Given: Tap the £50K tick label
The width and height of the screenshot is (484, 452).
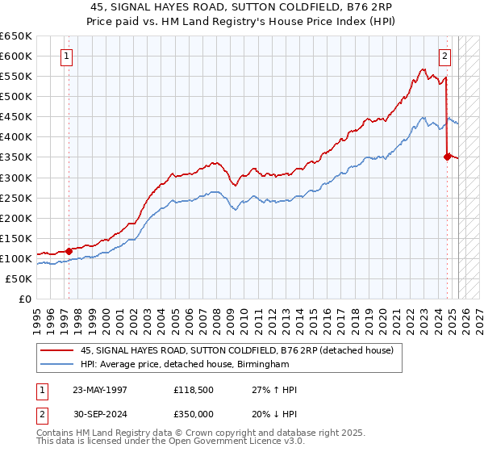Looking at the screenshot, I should point(19,278).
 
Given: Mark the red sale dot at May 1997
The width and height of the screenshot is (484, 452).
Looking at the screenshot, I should point(69,250).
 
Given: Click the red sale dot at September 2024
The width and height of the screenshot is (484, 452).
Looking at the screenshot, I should point(447,157).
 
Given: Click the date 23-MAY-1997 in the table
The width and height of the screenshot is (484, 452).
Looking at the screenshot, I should point(100,389).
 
